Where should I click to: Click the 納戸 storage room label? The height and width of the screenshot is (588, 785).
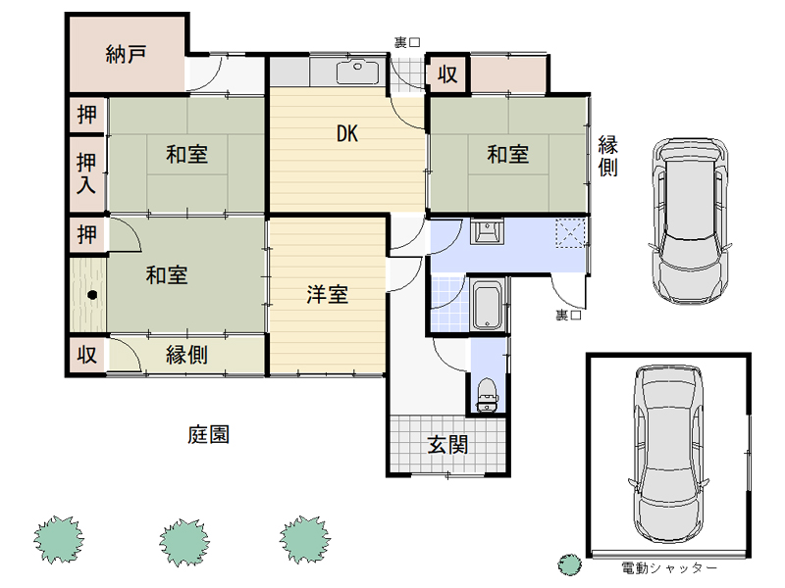[126, 54]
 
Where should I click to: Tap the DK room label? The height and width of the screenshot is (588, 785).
[347, 133]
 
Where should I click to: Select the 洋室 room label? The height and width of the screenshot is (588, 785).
[327, 295]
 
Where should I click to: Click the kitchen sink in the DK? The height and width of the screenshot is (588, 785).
[357, 72]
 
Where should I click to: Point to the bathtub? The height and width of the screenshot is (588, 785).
[487, 305]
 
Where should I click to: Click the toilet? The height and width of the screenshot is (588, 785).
[487, 395]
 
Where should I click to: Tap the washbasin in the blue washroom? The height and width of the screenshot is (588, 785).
[486, 231]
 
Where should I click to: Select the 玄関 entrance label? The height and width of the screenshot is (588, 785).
[447, 445]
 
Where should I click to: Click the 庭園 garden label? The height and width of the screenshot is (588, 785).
[208, 434]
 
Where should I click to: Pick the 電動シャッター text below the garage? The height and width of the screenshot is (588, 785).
[669, 568]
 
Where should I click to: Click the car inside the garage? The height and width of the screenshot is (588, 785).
[668, 454]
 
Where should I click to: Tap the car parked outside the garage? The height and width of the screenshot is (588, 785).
[690, 221]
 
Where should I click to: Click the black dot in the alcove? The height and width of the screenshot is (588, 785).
[92, 295]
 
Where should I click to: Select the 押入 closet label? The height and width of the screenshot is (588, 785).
[86, 173]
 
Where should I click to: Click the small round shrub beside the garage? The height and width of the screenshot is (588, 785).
[570, 565]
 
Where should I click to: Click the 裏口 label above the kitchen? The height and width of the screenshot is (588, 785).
[407, 42]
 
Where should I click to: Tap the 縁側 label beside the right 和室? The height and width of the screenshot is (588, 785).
[607, 156]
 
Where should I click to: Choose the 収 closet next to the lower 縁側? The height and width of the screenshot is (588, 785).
[86, 355]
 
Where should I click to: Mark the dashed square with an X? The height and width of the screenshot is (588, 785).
[570, 233]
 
